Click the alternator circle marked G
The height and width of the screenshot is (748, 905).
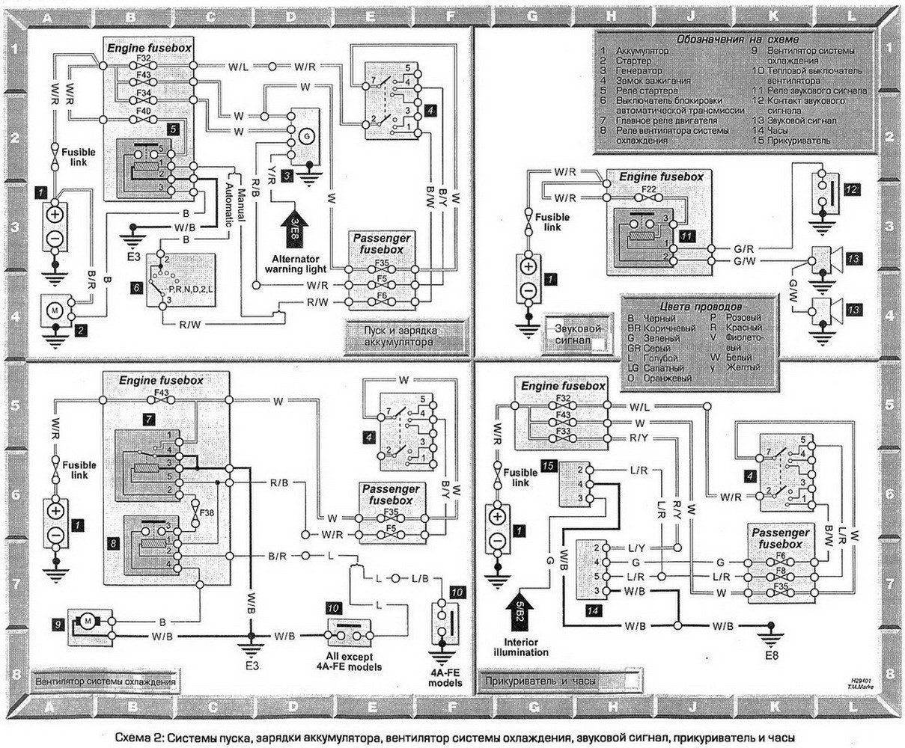[x=305, y=137]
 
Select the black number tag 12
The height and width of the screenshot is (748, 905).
[x=850, y=190]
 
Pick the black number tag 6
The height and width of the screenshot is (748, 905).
[x=135, y=287]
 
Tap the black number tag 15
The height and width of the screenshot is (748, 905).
[x=549, y=466]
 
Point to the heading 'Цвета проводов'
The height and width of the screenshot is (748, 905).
[x=696, y=307]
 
